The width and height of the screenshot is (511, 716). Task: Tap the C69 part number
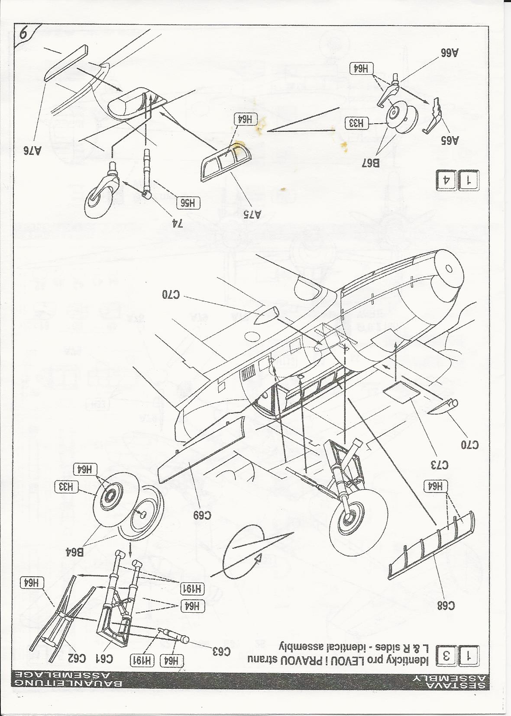202,515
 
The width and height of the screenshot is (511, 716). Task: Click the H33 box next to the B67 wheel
356,123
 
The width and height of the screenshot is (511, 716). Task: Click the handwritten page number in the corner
24,35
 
